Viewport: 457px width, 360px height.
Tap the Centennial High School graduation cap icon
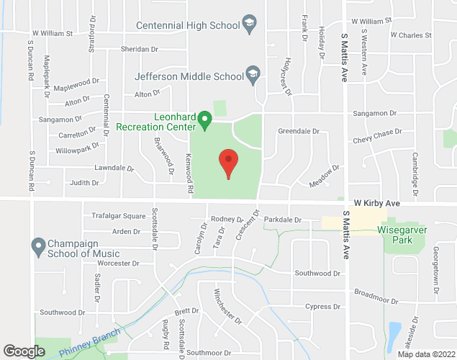(250, 25)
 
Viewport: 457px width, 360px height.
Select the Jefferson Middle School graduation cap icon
(253, 74)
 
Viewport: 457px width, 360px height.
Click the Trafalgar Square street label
(119, 215)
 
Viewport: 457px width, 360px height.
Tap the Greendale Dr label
(298, 132)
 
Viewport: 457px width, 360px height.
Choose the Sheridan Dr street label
(140, 49)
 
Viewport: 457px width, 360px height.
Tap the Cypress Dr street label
(322, 307)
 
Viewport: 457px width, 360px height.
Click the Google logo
(24, 351)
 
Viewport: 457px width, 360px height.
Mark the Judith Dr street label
(84, 183)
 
